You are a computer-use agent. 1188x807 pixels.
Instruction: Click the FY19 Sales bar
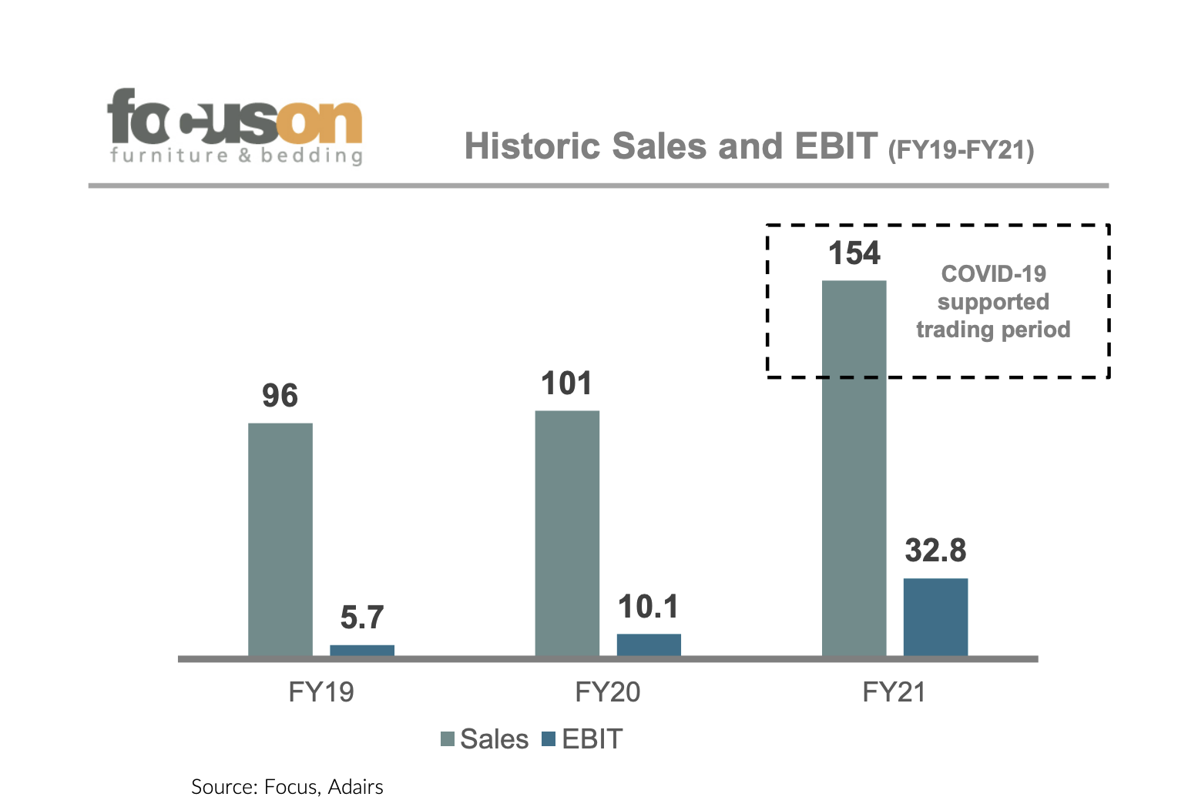(x=280, y=539)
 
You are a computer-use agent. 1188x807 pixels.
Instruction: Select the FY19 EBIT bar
(x=362, y=651)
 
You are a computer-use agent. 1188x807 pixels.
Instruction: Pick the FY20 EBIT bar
(x=649, y=645)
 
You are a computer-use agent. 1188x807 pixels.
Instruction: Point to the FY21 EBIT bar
(x=935, y=617)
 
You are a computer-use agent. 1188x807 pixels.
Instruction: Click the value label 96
(x=280, y=396)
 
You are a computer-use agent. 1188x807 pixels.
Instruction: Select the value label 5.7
(x=362, y=618)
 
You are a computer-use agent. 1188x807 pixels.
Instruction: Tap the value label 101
(x=566, y=383)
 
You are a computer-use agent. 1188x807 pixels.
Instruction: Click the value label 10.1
(x=649, y=607)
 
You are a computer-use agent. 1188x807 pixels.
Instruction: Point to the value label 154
(x=854, y=253)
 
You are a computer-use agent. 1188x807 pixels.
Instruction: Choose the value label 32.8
(x=935, y=551)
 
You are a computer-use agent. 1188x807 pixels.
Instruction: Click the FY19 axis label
(x=321, y=692)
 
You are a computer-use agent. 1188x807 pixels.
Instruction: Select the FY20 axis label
(x=608, y=692)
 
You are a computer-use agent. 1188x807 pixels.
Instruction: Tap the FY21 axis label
(x=894, y=692)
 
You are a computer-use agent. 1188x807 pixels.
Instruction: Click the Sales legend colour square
(x=448, y=739)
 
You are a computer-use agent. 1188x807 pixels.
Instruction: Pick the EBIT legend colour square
(x=549, y=739)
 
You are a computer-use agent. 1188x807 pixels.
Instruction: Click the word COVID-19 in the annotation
(x=994, y=273)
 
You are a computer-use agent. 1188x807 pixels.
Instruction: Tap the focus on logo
(x=235, y=126)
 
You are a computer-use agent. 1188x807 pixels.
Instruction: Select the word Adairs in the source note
(x=355, y=787)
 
